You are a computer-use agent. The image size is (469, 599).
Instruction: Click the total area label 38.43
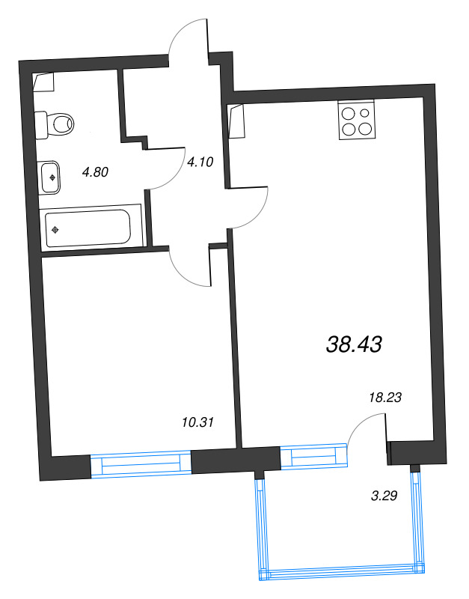tap(355, 344)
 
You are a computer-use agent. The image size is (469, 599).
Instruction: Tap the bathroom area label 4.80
tap(96, 171)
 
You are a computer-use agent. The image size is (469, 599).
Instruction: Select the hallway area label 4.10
tap(200, 161)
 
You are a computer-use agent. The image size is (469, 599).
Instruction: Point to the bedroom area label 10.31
tap(198, 422)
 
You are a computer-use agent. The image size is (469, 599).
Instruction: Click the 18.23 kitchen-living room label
tap(386, 398)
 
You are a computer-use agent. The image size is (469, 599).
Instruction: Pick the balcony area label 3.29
tap(384, 494)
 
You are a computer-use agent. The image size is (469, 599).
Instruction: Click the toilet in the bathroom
tap(57, 122)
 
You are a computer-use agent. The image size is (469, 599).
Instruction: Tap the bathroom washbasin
tap(50, 177)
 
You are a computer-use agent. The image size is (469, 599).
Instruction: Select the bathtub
tap(88, 227)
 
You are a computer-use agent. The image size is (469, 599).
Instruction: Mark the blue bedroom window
tap(141, 464)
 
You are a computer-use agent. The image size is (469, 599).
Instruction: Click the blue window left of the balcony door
tap(314, 457)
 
